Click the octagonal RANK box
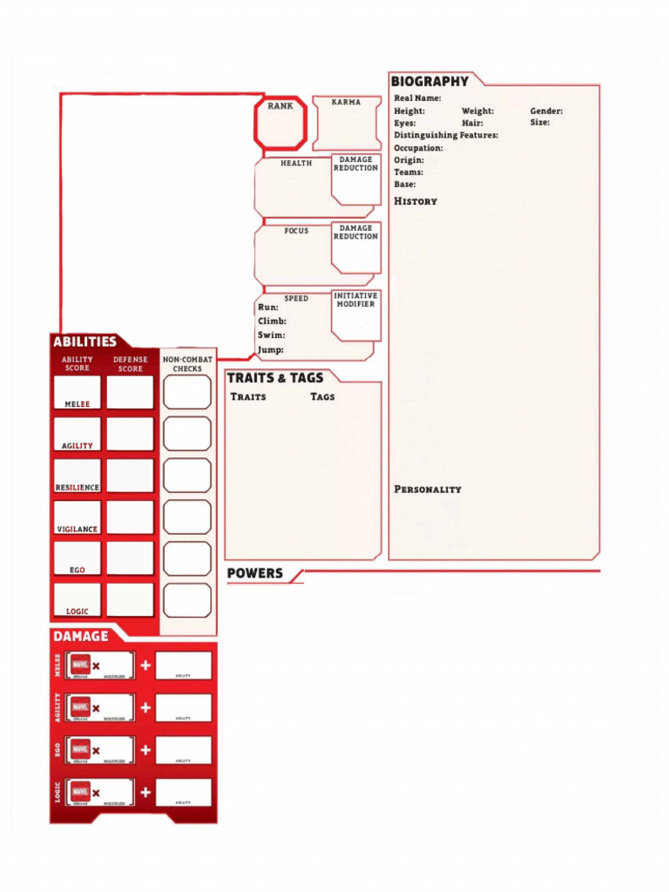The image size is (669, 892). point(280,123)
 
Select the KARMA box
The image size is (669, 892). point(347,124)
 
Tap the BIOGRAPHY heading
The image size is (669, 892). point(429,81)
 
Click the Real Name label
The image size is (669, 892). point(417,98)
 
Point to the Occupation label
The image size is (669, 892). point(418,148)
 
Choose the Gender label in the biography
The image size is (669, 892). point(546,111)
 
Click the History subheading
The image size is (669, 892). point(416,201)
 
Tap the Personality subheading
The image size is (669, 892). point(428,490)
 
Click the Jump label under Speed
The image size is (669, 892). point(270,349)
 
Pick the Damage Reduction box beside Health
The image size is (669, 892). point(355,180)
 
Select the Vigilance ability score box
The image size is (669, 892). point(78,517)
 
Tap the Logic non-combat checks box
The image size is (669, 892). point(187,600)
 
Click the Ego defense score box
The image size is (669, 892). point(130,558)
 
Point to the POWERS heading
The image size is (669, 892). point(254,573)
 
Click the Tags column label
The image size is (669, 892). point(322,396)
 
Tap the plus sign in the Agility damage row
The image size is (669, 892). point(145,707)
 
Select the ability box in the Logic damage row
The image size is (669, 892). point(183,791)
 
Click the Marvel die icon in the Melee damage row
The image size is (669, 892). point(80,666)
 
